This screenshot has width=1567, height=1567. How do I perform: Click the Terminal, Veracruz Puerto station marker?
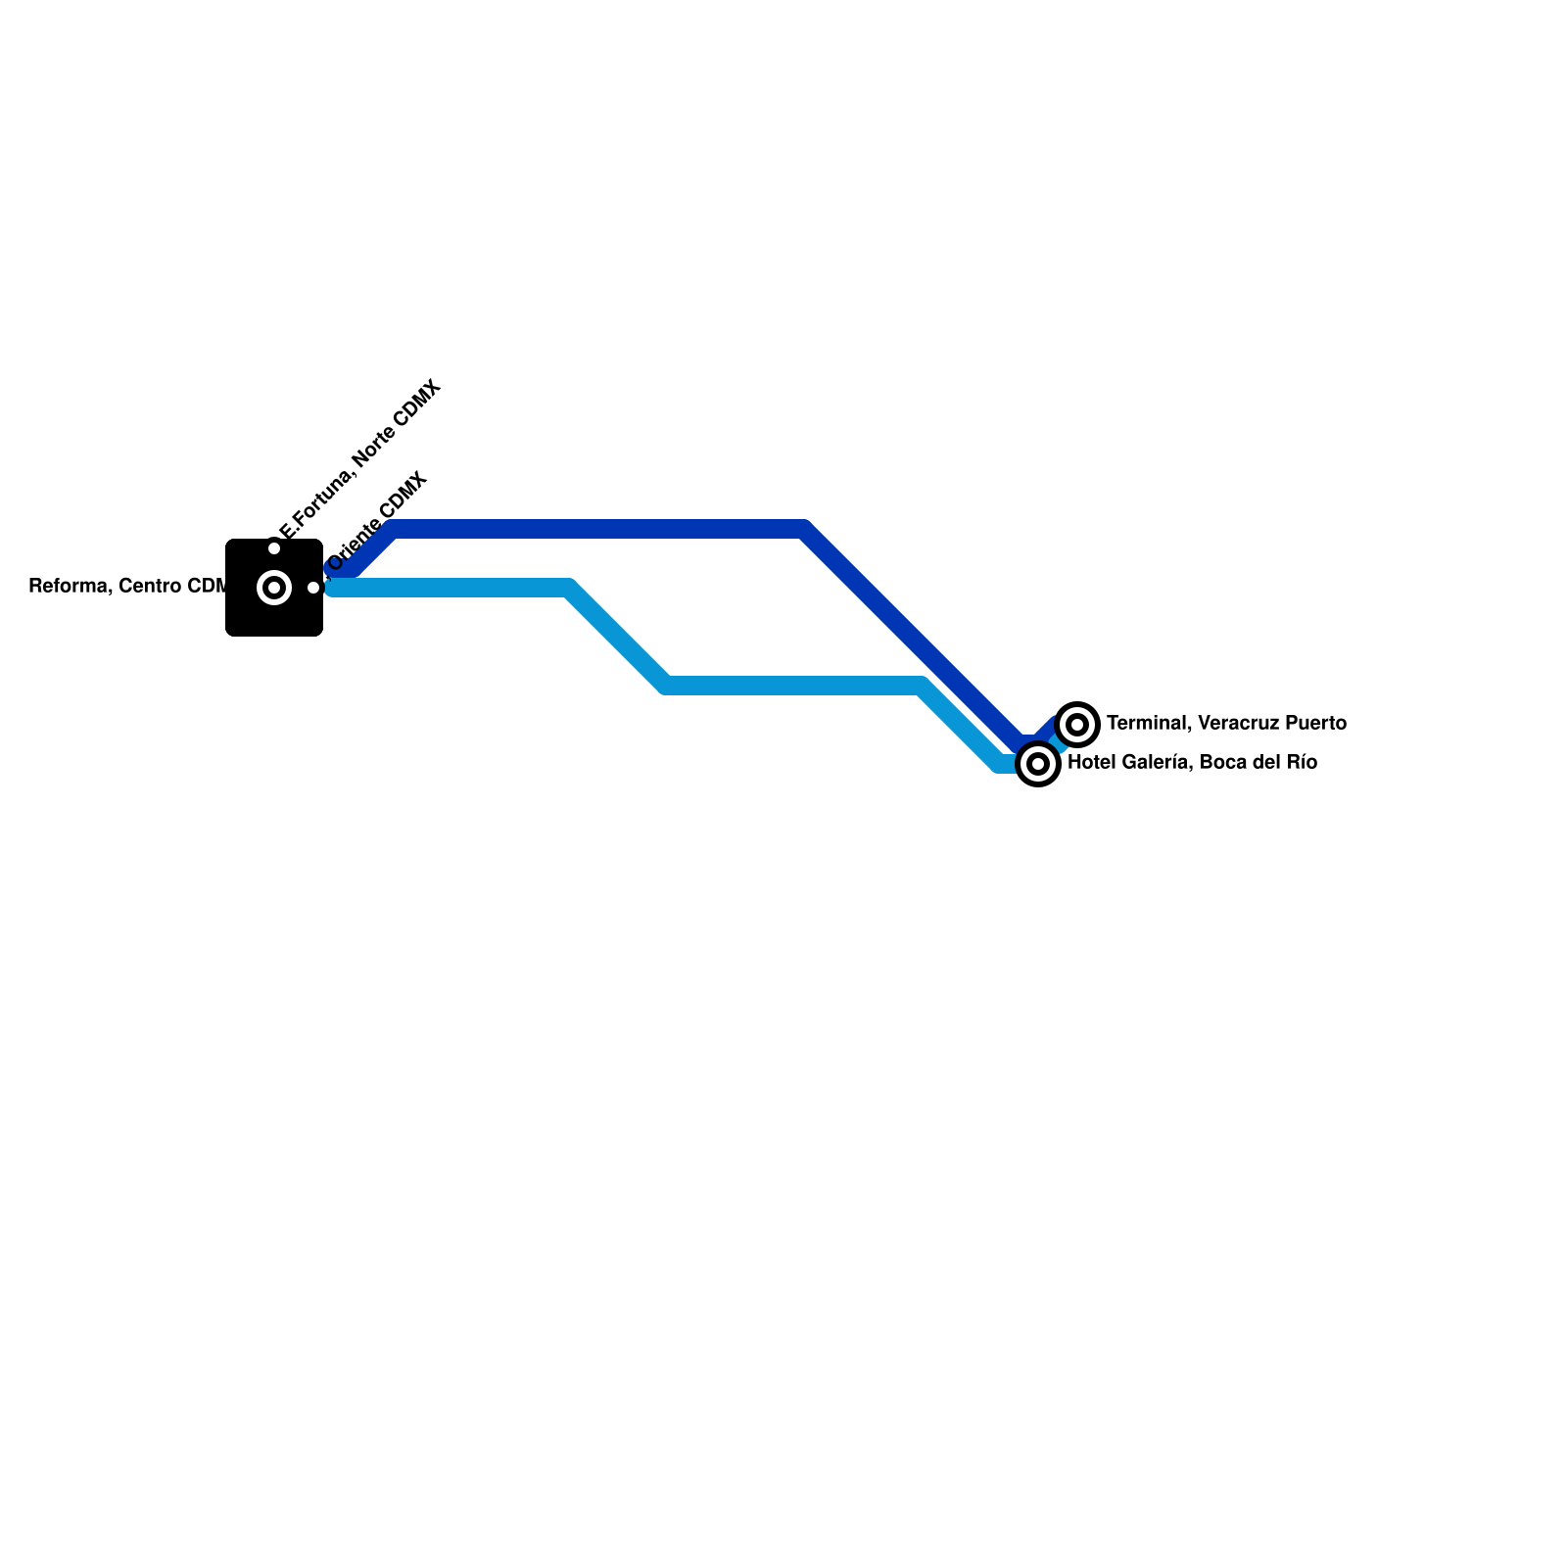pyautogui.click(x=1077, y=725)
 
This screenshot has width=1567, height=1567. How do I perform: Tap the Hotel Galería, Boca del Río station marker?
pyautogui.click(x=1038, y=764)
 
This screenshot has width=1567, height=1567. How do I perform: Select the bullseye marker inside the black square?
pyautogui.click(x=274, y=588)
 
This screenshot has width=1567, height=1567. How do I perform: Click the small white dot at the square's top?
pyautogui.click(x=274, y=548)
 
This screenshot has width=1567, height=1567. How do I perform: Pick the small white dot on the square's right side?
pyautogui.click(x=313, y=588)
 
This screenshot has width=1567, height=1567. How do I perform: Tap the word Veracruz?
pyautogui.click(x=1237, y=724)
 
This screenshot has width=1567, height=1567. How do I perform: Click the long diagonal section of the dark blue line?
pyautogui.click(x=911, y=637)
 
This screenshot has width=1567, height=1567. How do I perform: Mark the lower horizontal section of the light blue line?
pyautogui.click(x=793, y=686)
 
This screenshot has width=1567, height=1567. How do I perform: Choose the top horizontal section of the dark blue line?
pyautogui.click(x=597, y=530)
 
